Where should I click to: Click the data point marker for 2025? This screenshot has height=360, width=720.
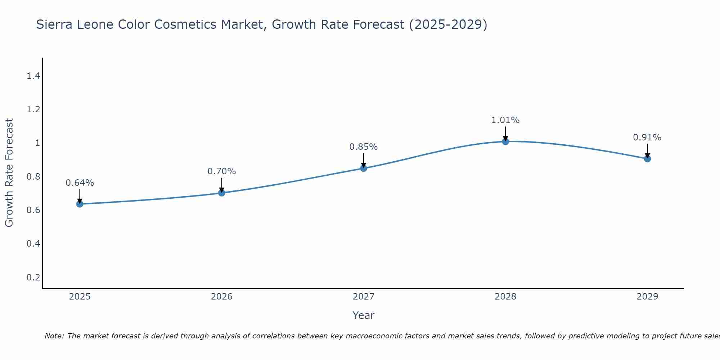point(80,204)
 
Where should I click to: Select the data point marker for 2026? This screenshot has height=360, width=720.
point(222,193)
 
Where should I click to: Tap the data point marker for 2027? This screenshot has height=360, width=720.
point(364,168)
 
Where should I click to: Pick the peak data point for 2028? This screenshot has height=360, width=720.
point(505,141)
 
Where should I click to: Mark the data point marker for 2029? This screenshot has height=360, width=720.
point(647,159)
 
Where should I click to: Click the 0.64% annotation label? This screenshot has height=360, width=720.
point(80,183)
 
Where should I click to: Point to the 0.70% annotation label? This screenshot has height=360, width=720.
point(222,171)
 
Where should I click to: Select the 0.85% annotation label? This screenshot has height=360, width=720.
point(364,147)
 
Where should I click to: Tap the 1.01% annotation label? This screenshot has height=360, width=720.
point(505,120)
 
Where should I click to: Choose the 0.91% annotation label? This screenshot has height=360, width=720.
point(647,138)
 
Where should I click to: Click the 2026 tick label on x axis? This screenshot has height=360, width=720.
point(222,297)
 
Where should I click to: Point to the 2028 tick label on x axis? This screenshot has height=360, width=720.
point(505,297)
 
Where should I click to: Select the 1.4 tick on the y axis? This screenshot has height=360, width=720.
point(33,76)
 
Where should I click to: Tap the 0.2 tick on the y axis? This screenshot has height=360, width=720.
point(33,277)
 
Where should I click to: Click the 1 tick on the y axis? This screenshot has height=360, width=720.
point(37,143)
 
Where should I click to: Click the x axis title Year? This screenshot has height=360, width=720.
point(364,315)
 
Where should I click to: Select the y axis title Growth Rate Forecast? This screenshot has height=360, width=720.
point(9,173)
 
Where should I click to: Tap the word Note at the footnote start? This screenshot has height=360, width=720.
point(54,336)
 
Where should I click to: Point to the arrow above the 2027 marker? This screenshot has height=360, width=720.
point(364,160)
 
